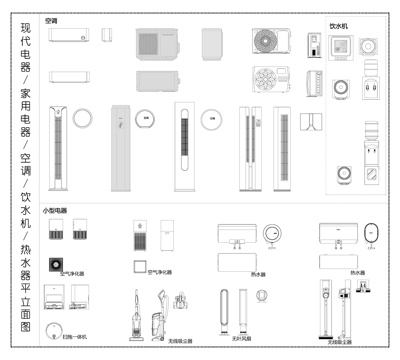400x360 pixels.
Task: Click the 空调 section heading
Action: coord(51,20)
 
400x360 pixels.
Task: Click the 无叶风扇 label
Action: coord(241,338)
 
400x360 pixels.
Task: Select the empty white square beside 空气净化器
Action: coord(139,269)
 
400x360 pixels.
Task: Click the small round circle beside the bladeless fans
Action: coord(262,295)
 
